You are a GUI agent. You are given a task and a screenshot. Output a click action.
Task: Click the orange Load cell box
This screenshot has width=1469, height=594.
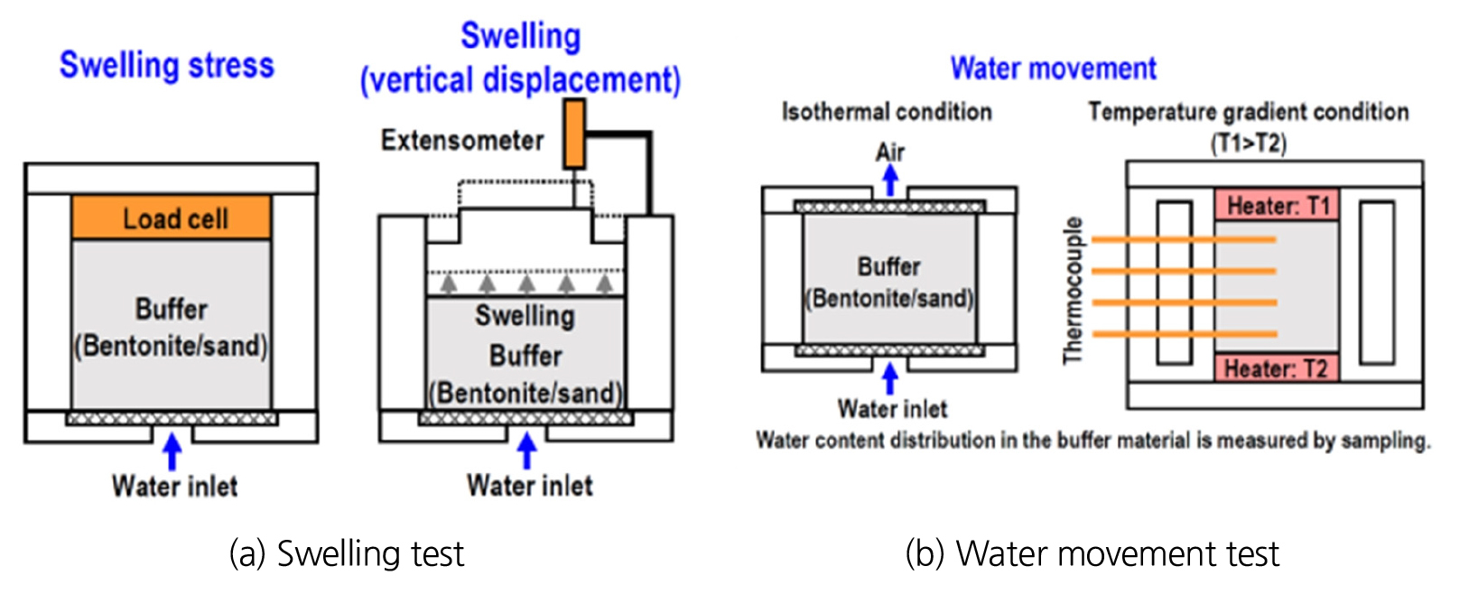[172, 218]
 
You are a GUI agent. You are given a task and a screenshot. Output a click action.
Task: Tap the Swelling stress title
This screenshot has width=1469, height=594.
[167, 66]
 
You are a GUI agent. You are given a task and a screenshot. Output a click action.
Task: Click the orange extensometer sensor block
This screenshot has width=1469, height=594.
[574, 135]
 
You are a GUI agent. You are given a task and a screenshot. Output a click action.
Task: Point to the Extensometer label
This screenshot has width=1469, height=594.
[462, 141]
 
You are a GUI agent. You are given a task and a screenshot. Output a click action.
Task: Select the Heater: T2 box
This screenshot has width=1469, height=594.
[1275, 368]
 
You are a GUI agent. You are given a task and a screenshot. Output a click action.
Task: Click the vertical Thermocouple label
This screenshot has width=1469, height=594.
[1073, 290]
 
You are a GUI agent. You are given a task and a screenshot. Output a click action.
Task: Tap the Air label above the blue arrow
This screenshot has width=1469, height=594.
[890, 152]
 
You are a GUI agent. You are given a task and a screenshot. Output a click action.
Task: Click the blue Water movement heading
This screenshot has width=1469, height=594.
[1053, 69]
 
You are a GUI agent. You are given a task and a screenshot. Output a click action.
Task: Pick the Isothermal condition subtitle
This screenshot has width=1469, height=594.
[887, 112]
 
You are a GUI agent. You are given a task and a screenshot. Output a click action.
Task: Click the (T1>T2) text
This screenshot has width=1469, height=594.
[1249, 143]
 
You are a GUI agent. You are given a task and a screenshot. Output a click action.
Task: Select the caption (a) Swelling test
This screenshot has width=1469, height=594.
[347, 553]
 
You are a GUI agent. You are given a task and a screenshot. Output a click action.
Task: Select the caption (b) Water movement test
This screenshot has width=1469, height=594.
[1092, 553]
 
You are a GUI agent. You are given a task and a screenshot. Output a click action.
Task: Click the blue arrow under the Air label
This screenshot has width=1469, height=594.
[890, 180]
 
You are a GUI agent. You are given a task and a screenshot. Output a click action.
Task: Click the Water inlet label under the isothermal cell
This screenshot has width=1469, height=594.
[892, 409]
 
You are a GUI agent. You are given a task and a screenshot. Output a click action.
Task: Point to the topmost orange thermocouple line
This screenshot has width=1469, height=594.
[1184, 240]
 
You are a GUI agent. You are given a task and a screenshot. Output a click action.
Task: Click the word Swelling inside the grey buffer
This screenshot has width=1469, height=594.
[525, 316]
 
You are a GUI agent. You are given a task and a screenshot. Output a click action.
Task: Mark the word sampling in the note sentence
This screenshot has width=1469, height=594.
[1384, 441]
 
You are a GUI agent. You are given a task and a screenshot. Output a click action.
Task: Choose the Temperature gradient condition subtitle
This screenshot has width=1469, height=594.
[1248, 112]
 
